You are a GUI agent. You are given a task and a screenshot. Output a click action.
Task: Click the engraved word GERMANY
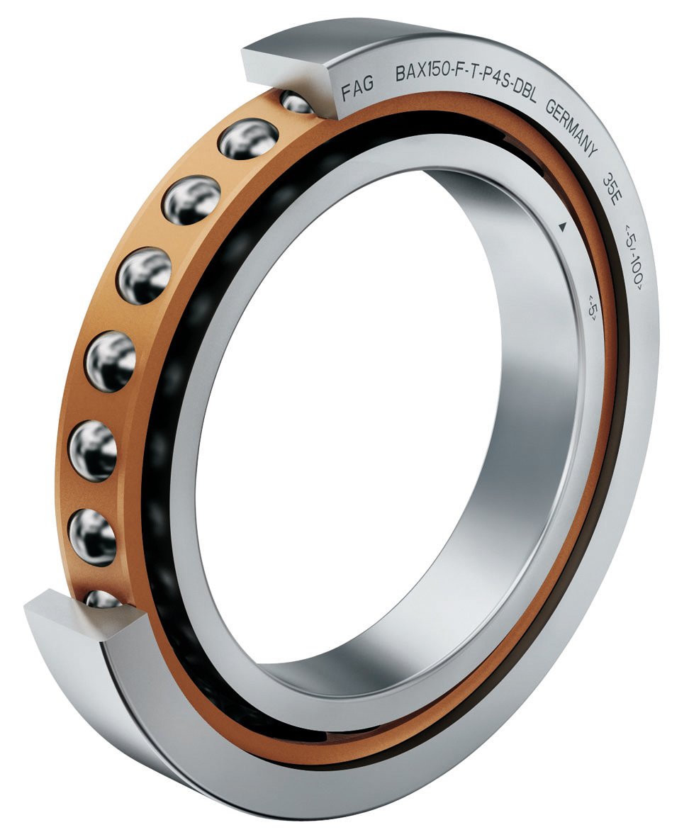(x=571, y=128)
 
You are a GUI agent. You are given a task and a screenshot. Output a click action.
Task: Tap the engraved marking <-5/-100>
(x=632, y=259)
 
